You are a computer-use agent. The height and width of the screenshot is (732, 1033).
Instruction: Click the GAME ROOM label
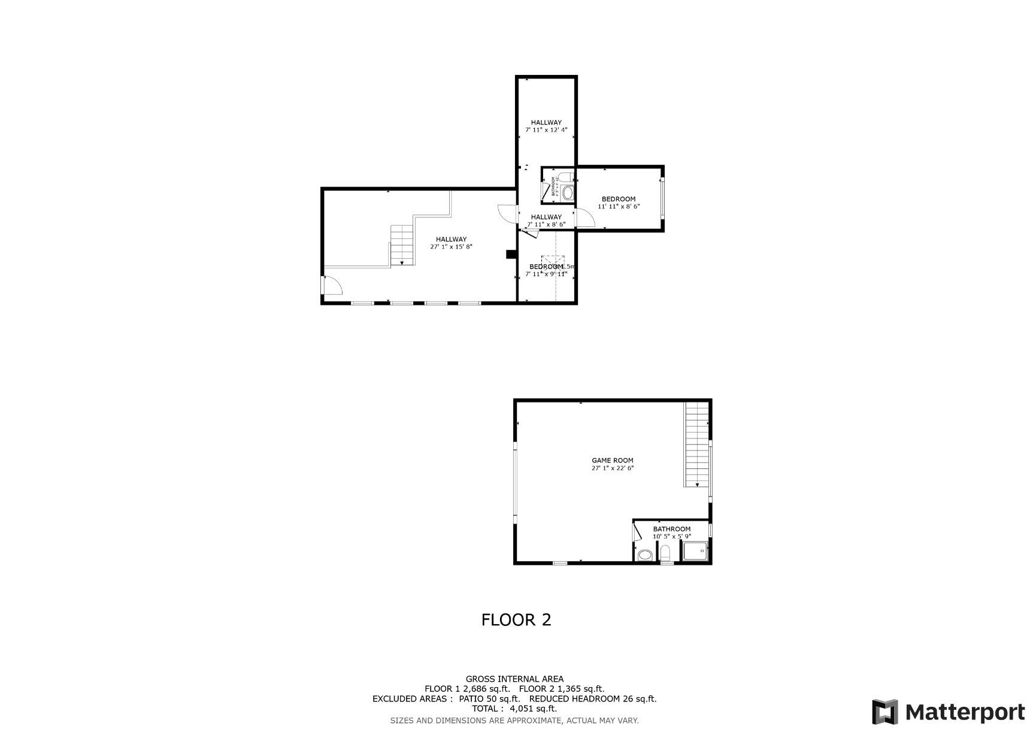612,461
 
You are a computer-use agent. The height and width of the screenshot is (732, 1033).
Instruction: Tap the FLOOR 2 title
516,619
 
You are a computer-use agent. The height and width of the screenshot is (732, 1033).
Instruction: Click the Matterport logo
948,712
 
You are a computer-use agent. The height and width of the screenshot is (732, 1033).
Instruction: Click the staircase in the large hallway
402,244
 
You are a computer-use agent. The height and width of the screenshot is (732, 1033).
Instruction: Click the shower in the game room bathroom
695,552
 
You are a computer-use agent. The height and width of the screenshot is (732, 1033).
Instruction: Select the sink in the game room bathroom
644,555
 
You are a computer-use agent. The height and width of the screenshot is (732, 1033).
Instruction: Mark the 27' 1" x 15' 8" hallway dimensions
451,247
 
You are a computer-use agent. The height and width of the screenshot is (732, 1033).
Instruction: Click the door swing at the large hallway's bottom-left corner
331,286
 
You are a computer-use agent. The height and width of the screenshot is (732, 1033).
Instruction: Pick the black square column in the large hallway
511,255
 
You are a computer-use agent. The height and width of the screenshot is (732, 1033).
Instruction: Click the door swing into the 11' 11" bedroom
584,218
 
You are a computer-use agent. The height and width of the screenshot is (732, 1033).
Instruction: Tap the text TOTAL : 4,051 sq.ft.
514,709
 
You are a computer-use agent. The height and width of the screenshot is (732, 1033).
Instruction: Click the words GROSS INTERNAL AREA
514,679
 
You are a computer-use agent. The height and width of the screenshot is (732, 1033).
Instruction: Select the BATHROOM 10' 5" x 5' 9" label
671,533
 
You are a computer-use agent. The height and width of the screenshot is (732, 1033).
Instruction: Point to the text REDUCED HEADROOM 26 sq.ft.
593,698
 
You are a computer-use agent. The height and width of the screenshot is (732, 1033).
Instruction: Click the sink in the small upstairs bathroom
567,193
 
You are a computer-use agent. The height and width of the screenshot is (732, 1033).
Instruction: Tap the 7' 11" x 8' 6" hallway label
546,220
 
